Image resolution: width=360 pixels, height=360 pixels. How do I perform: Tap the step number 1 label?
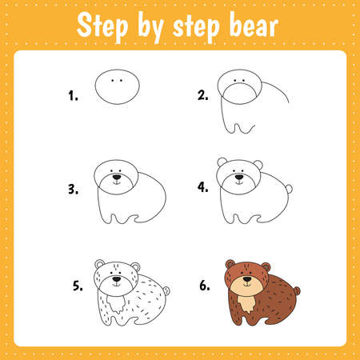click(74, 96)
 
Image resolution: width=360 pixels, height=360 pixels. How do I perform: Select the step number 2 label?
click(203, 96)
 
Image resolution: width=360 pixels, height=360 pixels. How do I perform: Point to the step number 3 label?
click(74, 190)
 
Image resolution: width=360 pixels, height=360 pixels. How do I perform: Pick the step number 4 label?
click(203, 190)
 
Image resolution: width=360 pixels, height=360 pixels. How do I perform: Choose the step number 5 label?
click(78, 284)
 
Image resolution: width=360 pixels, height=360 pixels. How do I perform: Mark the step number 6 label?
click(204, 284)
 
